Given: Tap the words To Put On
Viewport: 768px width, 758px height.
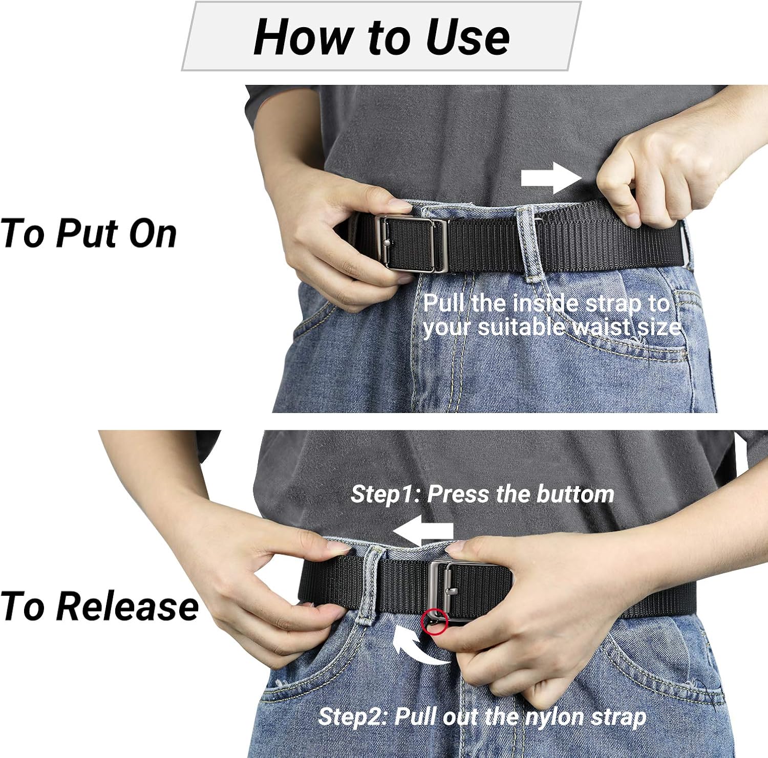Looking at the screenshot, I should (88, 234).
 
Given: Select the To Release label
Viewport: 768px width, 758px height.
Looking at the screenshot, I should (99, 606).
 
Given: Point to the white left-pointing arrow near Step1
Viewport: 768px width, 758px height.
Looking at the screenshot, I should (423, 531).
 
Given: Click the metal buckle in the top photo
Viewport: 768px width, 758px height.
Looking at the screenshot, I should (410, 244).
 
